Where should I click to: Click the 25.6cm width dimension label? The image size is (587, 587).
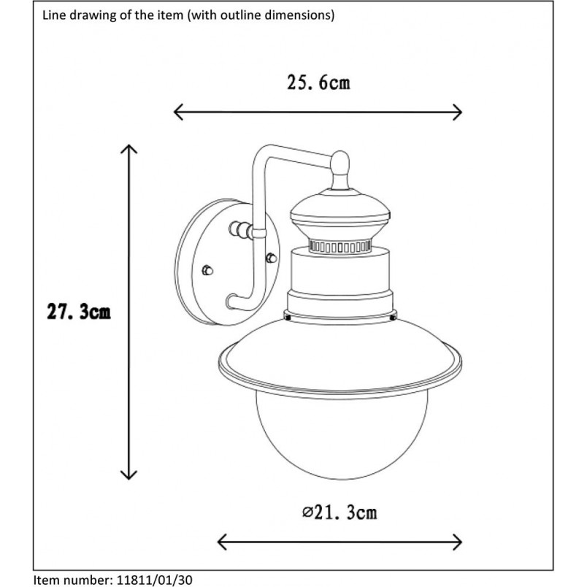(x=318, y=83)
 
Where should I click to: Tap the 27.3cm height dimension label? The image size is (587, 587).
(x=79, y=312)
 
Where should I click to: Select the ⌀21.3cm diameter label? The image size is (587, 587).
(x=339, y=512)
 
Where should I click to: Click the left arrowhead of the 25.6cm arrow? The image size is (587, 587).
(x=179, y=112)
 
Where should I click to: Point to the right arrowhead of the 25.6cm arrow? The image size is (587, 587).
(x=457, y=112)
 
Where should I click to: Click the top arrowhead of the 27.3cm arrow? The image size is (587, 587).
(x=128, y=149)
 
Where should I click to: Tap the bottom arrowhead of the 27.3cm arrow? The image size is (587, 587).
(x=128, y=475)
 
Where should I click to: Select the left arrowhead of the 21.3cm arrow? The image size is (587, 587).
(x=223, y=542)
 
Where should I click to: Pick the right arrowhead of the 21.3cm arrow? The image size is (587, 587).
(x=457, y=542)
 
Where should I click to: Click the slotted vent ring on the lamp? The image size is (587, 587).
(x=339, y=247)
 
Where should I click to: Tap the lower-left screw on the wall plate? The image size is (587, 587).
(x=207, y=270)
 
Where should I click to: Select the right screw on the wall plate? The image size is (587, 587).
(x=272, y=258)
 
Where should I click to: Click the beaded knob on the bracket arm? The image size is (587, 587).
(x=241, y=229)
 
